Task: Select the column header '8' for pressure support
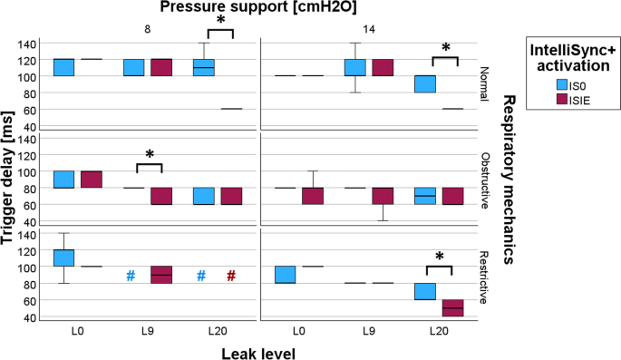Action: click(149, 29)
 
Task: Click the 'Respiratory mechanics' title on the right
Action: click(510, 178)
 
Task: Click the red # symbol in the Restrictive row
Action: click(231, 276)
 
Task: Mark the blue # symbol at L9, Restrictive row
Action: click(131, 276)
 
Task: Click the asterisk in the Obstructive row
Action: click(149, 155)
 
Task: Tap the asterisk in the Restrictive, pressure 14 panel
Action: click(440, 258)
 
